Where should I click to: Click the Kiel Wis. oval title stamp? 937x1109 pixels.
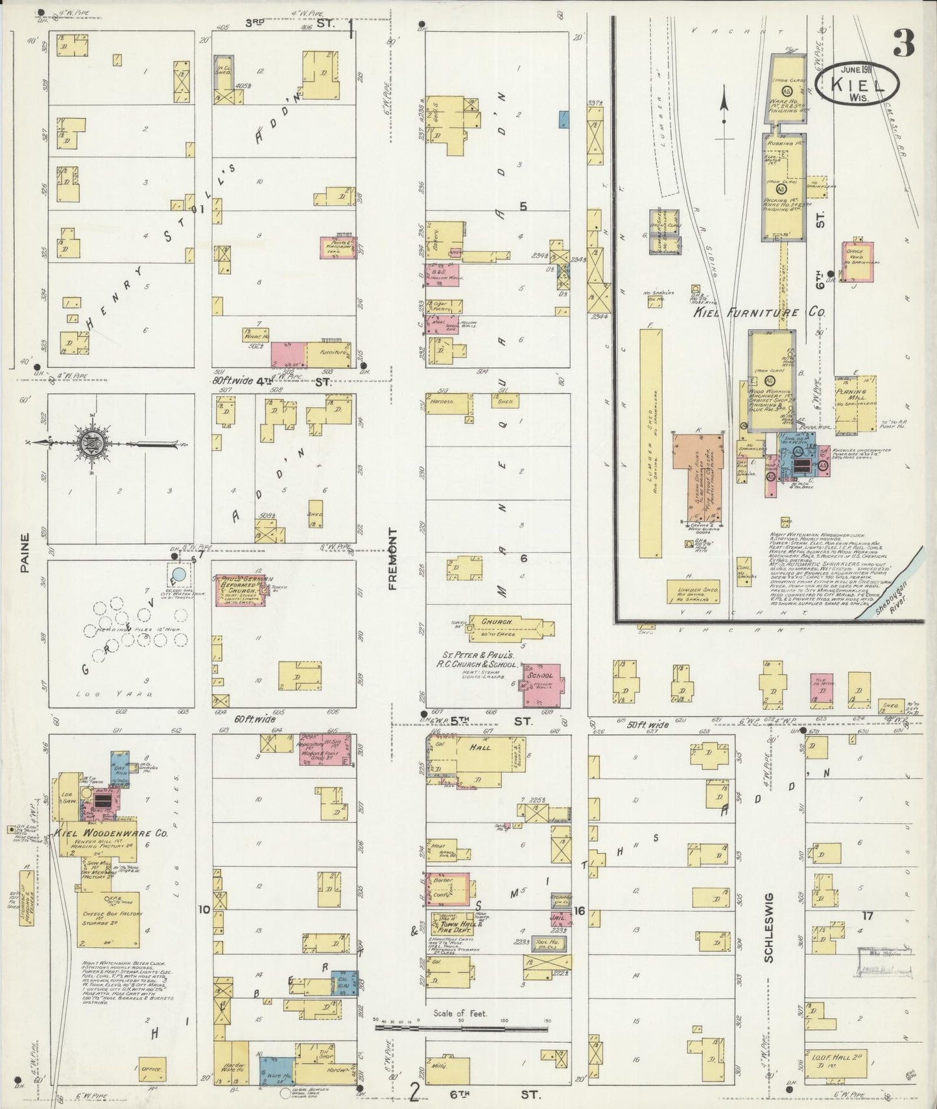(857, 84)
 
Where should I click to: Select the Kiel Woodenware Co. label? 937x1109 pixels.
(112, 833)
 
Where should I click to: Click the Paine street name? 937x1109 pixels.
(25, 553)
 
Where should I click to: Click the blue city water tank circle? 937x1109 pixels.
(180, 574)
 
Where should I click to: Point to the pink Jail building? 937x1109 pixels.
(562, 920)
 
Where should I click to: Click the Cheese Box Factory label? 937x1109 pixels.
(108, 917)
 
